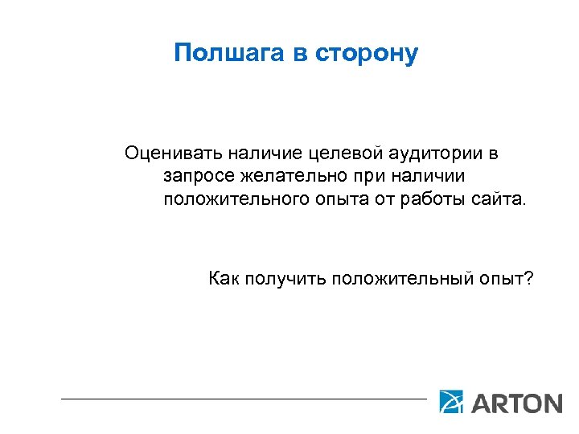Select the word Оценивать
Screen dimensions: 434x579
[174, 152]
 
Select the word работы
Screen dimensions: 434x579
[430, 199]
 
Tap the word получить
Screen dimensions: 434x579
[283, 279]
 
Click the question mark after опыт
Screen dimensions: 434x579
[528, 278]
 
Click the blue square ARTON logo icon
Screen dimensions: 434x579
[451, 401]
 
